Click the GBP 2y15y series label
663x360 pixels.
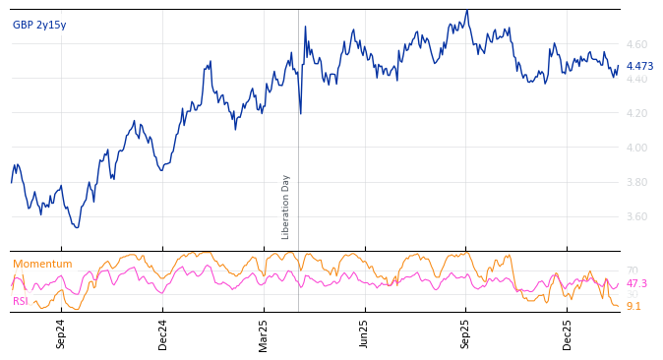click(x=39, y=26)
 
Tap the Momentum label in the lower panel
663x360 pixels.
click(x=42, y=265)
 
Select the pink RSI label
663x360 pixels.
click(x=21, y=301)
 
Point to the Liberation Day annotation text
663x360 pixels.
click(x=286, y=207)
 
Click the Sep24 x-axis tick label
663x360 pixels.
click(x=61, y=333)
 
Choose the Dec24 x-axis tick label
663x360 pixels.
click(x=163, y=333)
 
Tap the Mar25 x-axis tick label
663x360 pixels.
click(x=264, y=333)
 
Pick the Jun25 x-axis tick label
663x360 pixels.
click(x=364, y=333)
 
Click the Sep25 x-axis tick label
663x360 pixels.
click(x=466, y=333)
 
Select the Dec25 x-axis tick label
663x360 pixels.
click(x=568, y=333)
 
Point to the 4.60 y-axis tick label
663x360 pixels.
click(x=635, y=45)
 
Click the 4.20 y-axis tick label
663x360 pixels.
click(x=635, y=114)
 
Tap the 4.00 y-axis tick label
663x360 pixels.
click(x=635, y=149)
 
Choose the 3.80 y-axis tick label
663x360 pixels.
click(x=635, y=183)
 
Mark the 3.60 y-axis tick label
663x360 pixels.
click(x=635, y=217)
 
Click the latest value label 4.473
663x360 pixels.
click(x=639, y=67)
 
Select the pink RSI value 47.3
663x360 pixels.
click(x=636, y=283)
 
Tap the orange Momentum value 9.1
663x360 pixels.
click(x=633, y=307)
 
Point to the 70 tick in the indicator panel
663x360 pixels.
click(x=632, y=271)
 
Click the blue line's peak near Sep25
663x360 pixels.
click(x=467, y=11)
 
